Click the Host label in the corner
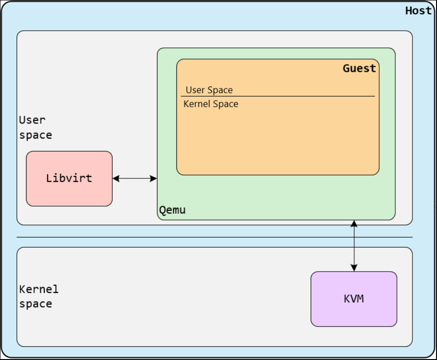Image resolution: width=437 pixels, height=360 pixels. click(418, 11)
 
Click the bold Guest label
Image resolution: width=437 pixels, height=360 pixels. click(359, 69)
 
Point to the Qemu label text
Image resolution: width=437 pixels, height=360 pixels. click(172, 211)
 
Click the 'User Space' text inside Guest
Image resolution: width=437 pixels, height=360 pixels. click(209, 90)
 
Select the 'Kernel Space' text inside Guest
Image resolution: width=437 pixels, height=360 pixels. click(211, 104)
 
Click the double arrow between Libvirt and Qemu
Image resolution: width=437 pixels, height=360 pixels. click(135, 178)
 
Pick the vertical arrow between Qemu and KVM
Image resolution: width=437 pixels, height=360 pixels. click(354, 246)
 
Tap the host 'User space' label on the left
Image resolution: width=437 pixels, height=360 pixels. click(35, 128)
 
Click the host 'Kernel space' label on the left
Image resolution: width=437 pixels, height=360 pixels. click(39, 296)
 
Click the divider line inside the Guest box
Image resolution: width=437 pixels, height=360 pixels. click(278, 97)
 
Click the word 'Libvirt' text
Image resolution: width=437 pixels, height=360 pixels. click(69, 178)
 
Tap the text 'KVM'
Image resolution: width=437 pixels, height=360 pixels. click(354, 299)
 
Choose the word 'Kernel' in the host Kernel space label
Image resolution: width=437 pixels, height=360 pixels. click(39, 289)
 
